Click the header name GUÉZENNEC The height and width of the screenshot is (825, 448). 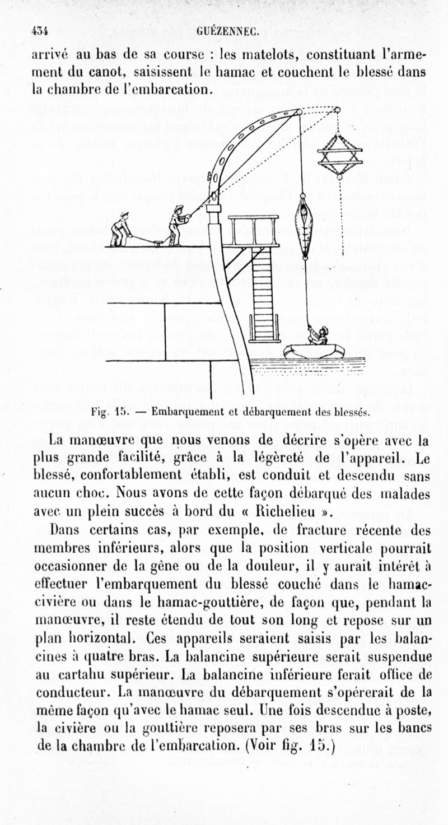[227, 31]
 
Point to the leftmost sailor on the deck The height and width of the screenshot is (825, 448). [120, 229]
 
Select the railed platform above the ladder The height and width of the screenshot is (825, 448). [253, 230]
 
